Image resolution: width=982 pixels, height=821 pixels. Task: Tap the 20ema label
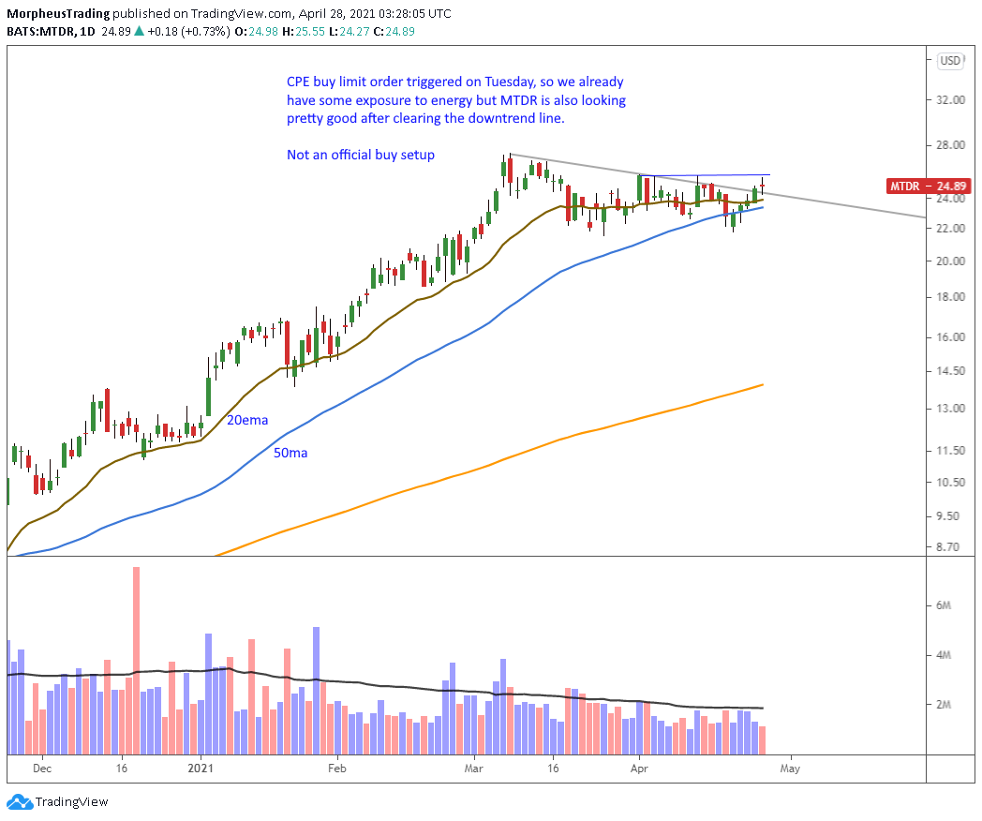click(x=247, y=421)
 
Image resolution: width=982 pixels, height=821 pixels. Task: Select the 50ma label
click(x=290, y=453)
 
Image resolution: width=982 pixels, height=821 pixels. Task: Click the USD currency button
click(x=950, y=61)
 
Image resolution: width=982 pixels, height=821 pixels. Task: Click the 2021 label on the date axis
click(x=201, y=766)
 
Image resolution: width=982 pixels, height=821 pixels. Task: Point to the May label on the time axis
click(x=790, y=766)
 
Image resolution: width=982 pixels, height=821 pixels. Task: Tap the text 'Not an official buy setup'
click(x=361, y=155)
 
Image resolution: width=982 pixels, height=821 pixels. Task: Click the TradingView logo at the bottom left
click(x=58, y=802)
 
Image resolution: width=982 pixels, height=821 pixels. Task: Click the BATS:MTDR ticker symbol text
click(x=38, y=32)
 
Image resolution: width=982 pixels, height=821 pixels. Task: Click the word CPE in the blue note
click(x=300, y=82)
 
